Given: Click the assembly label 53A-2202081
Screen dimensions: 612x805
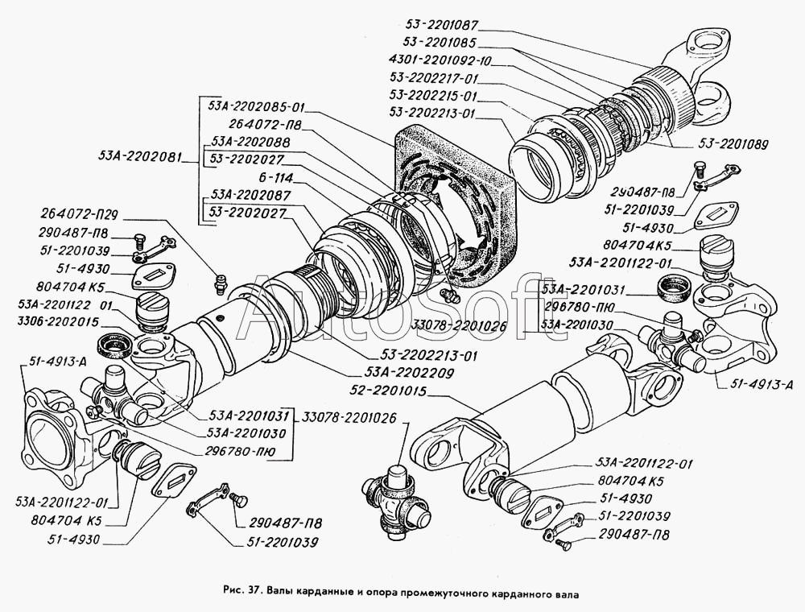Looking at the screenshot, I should click(x=142, y=156).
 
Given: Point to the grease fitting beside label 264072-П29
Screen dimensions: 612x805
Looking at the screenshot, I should click(x=217, y=283).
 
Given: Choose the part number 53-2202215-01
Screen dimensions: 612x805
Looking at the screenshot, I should click(x=432, y=95).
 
